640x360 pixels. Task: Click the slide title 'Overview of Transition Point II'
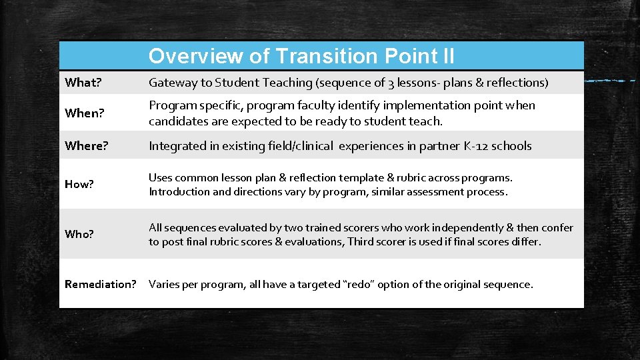pyautogui.click(x=301, y=56)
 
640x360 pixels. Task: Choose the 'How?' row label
pyautogui.click(x=79, y=185)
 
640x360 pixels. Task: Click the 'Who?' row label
pyautogui.click(x=79, y=235)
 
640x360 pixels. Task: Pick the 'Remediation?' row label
pyautogui.click(x=100, y=284)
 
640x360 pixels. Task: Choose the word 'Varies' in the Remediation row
pyautogui.click(x=165, y=285)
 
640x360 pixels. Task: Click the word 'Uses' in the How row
pyautogui.click(x=160, y=178)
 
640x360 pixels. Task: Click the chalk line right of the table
pyautogui.click(x=610, y=80)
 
